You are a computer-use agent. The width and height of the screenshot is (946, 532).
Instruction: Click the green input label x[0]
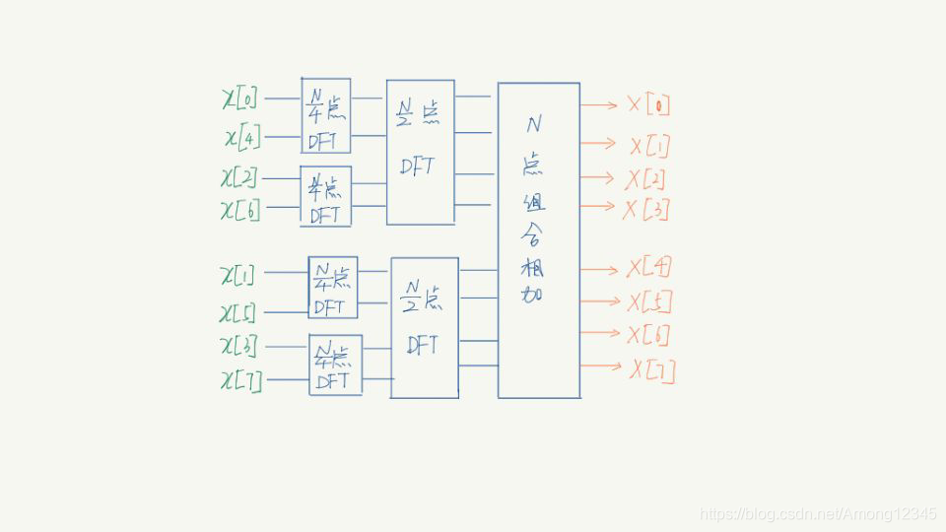pyautogui.click(x=240, y=99)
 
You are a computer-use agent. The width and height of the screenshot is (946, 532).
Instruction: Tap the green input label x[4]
pyautogui.click(x=241, y=137)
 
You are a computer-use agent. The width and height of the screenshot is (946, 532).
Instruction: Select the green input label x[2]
pyautogui.click(x=239, y=177)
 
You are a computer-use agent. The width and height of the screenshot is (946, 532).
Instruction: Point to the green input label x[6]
pyautogui.click(x=240, y=209)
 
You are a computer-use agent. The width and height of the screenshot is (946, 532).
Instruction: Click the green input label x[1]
pyautogui.click(x=237, y=275)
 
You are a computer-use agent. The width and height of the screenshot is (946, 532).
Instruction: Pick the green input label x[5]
pyautogui.click(x=238, y=313)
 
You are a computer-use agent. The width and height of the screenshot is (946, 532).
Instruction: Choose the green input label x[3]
pyautogui.click(x=239, y=347)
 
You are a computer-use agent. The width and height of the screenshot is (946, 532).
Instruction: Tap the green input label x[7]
pyautogui.click(x=241, y=380)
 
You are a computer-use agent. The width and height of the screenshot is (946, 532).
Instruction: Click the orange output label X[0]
pyautogui.click(x=649, y=104)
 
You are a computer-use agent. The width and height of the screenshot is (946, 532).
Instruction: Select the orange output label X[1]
pyautogui.click(x=650, y=146)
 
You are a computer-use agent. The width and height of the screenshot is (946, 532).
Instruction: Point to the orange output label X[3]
pyautogui.click(x=646, y=209)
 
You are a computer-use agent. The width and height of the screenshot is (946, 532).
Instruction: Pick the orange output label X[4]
pyautogui.click(x=649, y=268)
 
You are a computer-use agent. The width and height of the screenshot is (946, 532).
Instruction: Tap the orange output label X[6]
pyautogui.click(x=648, y=335)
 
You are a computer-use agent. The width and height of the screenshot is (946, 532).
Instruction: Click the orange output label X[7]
pyautogui.click(x=652, y=369)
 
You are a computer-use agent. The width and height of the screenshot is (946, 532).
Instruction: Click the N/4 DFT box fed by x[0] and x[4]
pyautogui.click(x=325, y=115)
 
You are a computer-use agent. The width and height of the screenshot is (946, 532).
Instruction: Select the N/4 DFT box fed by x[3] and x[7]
pyautogui.click(x=335, y=365)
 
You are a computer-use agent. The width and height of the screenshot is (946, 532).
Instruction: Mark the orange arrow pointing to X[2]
pyautogui.click(x=598, y=177)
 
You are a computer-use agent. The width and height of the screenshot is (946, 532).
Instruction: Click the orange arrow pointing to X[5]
pyautogui.click(x=598, y=300)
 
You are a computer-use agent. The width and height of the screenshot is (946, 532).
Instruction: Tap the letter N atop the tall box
pyautogui.click(x=533, y=124)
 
